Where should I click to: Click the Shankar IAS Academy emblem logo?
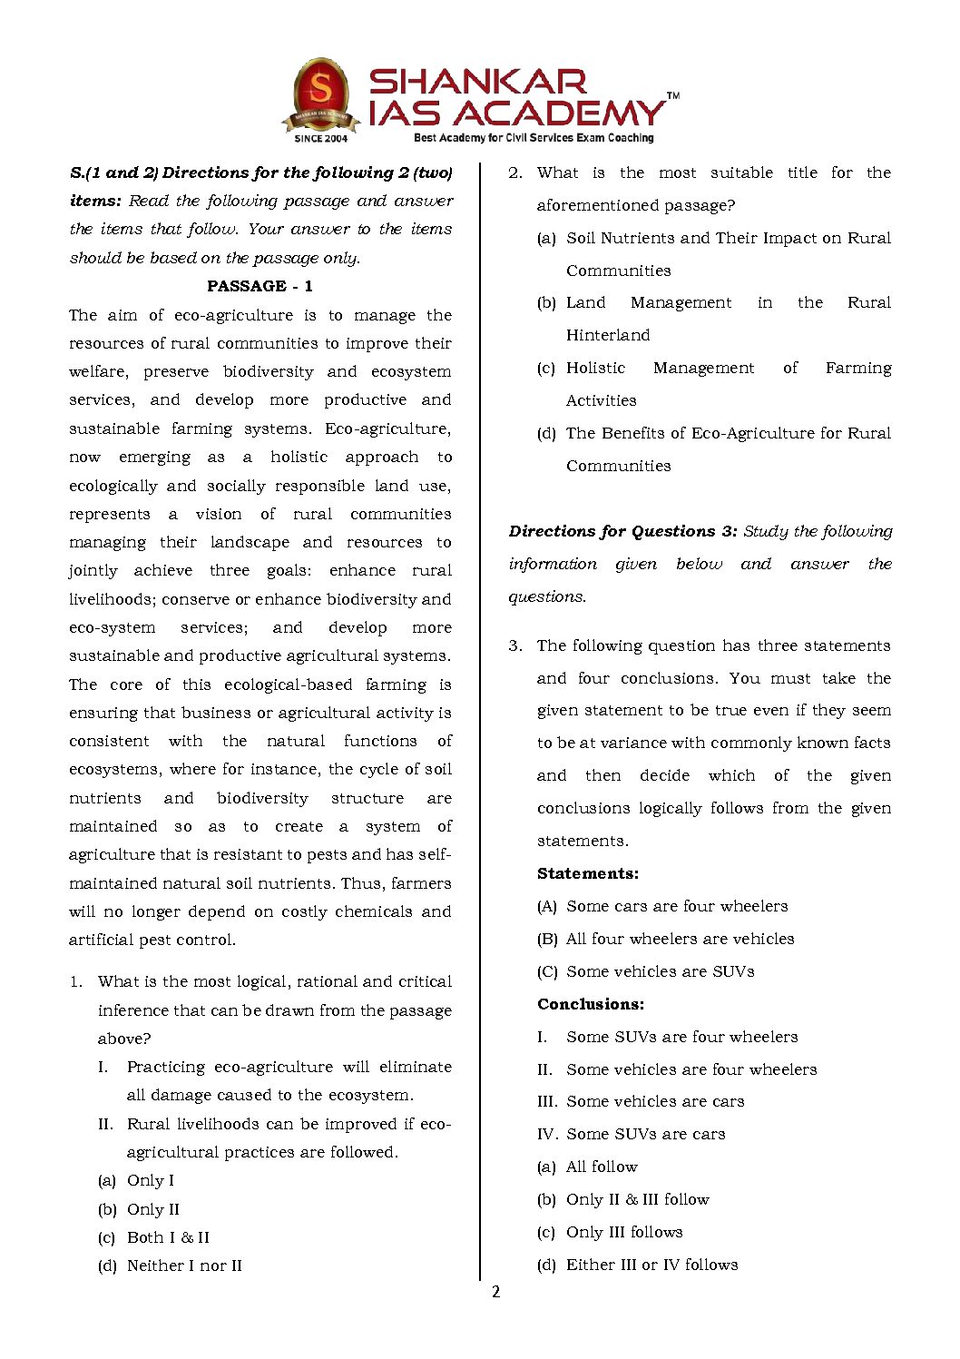tap(320, 94)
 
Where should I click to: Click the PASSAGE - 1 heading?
tap(260, 286)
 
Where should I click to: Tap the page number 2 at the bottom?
tap(495, 1292)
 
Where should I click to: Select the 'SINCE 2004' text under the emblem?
tap(320, 139)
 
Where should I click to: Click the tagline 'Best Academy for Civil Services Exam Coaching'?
tap(534, 138)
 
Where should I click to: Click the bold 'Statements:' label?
tap(588, 873)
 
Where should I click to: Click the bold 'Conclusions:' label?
tap(591, 1004)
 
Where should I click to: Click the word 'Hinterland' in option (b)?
tap(608, 335)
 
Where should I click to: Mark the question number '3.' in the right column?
tap(515, 645)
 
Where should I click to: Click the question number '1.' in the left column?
tap(76, 981)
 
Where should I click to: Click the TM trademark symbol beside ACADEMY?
tap(673, 95)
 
